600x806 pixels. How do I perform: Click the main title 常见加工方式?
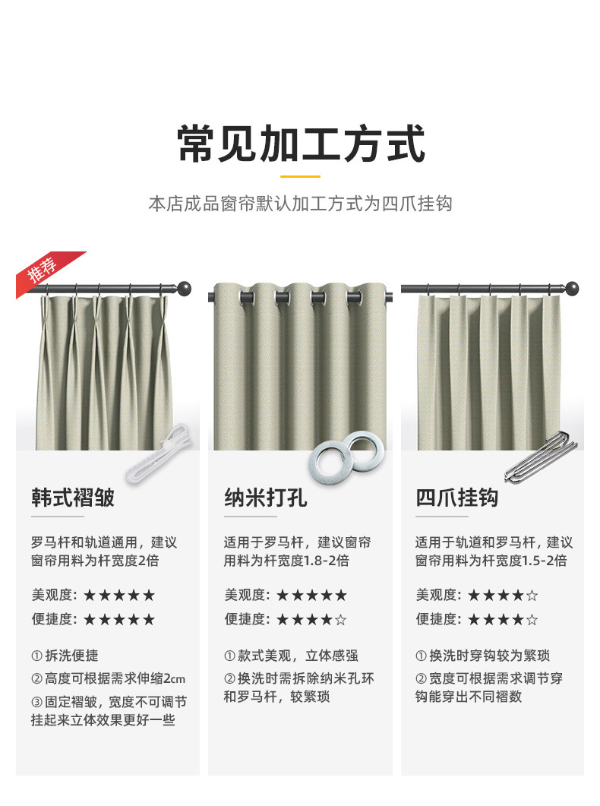300,144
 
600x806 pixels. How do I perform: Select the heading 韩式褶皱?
73,498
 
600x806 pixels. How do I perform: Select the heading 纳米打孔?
265,498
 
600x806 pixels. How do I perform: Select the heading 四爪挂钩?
456,498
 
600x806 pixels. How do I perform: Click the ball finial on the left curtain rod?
184,289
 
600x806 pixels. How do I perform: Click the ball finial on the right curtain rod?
571,289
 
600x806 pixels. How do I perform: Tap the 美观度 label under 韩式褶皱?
54,595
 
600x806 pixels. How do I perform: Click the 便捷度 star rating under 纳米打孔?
311,619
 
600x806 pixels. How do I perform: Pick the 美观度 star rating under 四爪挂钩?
503,595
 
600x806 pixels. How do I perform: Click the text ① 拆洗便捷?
65,656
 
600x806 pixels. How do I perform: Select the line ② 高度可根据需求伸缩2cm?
109,678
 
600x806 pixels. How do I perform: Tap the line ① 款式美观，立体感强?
291,656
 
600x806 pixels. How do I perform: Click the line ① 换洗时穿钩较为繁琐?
482,656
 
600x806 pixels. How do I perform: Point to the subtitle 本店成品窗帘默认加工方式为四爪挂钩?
300,204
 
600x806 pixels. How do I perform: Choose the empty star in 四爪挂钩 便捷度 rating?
532,619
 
